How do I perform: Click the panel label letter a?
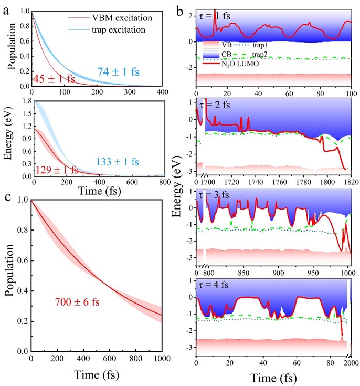[x=7, y=7]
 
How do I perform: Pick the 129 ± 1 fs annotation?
[x=56, y=170]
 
